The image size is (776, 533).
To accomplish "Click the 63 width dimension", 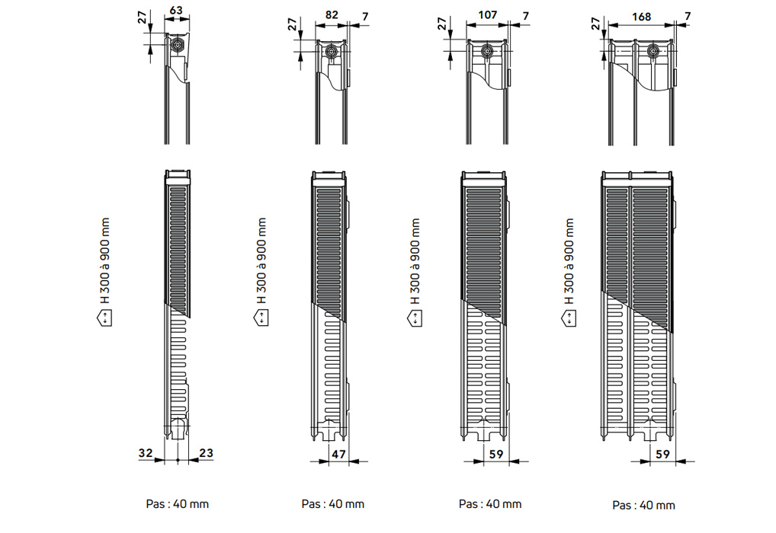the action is [x=176, y=10].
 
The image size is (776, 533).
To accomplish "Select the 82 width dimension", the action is [x=332, y=14].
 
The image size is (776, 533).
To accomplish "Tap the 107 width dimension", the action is [x=487, y=14].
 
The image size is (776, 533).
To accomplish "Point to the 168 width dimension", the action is [x=641, y=17].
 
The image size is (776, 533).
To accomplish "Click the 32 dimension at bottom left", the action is [x=146, y=453].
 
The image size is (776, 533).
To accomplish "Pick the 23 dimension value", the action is [x=206, y=453].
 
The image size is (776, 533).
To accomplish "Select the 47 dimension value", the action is [x=338, y=454].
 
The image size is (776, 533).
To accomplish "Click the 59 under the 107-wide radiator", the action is [x=496, y=454].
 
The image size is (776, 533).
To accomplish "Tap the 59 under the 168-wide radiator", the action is [x=662, y=454].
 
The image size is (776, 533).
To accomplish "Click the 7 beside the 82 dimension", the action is [x=365, y=17].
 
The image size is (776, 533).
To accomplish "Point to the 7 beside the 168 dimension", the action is [x=688, y=17].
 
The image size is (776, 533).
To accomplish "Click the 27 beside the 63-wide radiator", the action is [x=143, y=18].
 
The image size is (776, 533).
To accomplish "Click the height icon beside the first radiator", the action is [x=104, y=318].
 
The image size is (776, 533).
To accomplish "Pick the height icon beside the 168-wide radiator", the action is [x=569, y=318].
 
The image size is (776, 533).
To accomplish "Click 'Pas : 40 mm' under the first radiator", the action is [x=177, y=504].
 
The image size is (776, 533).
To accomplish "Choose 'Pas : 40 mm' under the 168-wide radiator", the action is [x=643, y=505].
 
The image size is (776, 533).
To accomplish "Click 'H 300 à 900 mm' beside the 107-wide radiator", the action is [x=415, y=261].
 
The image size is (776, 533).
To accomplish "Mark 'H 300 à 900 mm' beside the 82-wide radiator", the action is [x=261, y=261].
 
